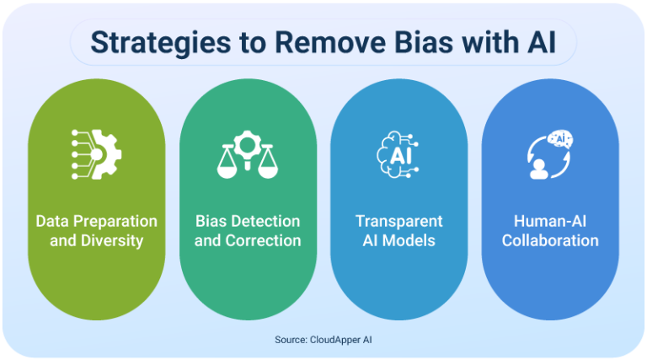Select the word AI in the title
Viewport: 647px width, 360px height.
[x=543, y=43]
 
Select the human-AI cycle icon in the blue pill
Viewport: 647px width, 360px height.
[x=550, y=153]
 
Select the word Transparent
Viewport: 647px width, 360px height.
[x=398, y=222]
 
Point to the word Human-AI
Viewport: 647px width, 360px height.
[x=550, y=222]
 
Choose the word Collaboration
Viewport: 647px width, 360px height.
[x=550, y=241]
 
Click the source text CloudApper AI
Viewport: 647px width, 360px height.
[x=342, y=341]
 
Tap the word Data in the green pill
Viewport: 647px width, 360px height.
[x=52, y=222]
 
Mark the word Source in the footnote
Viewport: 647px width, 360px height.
[x=289, y=341]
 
